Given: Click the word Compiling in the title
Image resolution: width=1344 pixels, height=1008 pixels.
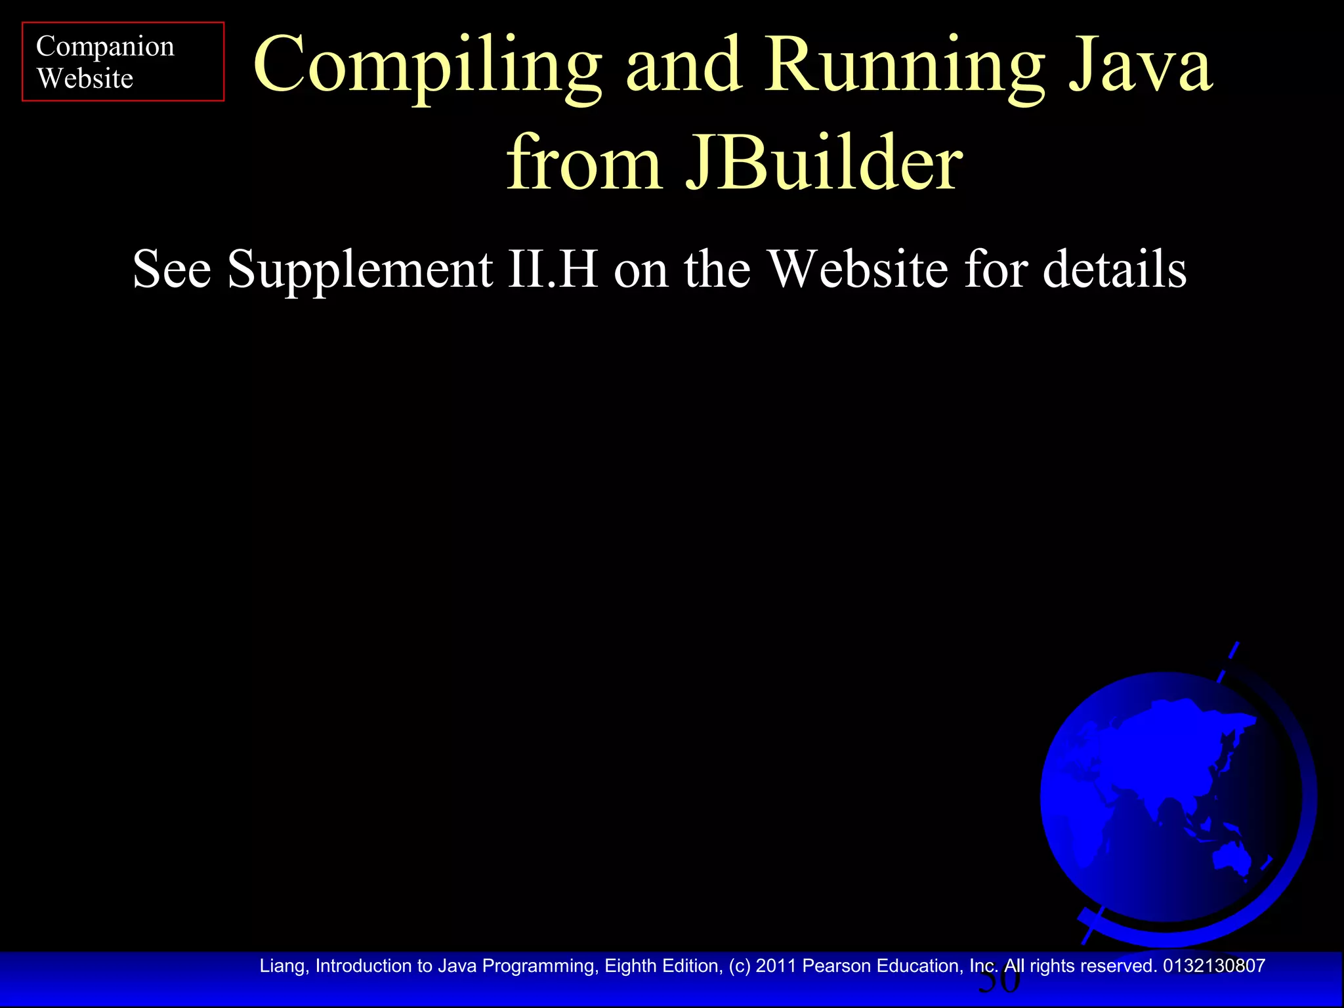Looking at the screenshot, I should [x=427, y=66].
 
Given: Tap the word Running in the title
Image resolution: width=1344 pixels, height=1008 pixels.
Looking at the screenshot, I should [x=906, y=66].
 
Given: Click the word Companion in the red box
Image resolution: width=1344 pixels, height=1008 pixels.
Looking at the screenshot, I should [x=105, y=47].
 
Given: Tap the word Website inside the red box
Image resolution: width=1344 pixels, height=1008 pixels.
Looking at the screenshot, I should [x=85, y=79].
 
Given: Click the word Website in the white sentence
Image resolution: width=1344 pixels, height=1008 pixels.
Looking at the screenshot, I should [x=858, y=269].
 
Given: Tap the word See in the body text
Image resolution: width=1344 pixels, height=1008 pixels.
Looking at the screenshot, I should [x=172, y=269].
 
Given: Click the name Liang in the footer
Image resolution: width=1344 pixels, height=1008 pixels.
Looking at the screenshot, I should [x=282, y=966].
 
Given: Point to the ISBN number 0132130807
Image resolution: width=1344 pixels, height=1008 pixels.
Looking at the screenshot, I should [x=1214, y=966].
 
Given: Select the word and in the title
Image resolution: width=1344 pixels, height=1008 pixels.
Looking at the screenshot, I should [x=684, y=66].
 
